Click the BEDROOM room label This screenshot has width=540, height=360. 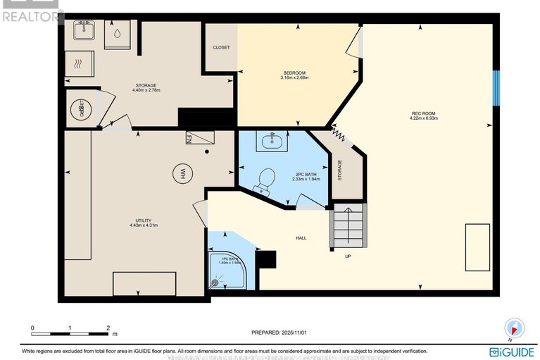(294, 73)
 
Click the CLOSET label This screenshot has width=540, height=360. (221, 48)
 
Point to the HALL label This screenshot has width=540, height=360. (301, 238)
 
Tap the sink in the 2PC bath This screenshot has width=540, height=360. (271, 142)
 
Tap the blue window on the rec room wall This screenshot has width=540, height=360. (496, 88)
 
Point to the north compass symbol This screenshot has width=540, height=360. (515, 328)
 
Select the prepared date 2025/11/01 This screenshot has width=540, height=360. (280, 333)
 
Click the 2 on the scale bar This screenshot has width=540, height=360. (107, 328)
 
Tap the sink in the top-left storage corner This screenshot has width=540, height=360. (84, 30)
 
